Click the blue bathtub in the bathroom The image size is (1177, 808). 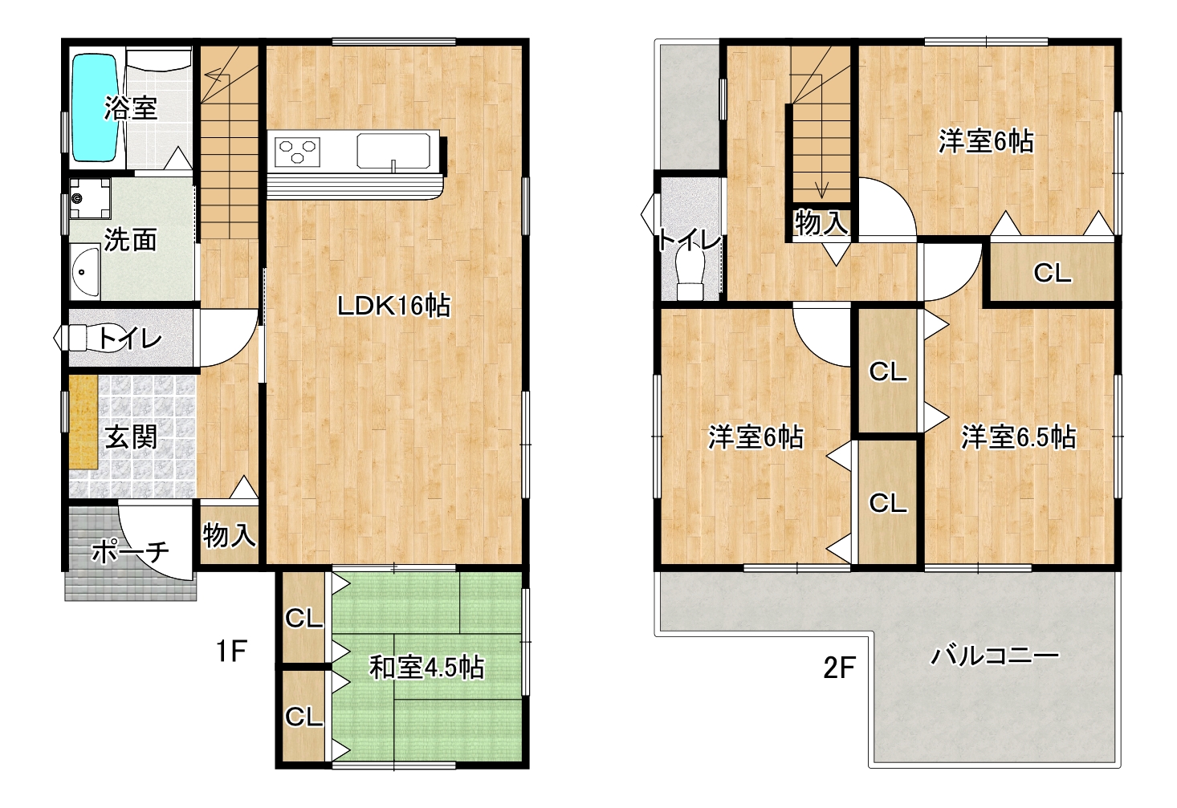(x=94, y=107)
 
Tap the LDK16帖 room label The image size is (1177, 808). (x=393, y=306)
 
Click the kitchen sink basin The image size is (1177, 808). (x=393, y=151)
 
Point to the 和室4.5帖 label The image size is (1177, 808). (x=426, y=668)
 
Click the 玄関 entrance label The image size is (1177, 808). (x=130, y=438)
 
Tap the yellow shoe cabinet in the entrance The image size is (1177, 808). (x=83, y=421)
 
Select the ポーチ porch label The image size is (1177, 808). (x=131, y=552)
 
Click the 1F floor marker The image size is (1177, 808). (x=232, y=652)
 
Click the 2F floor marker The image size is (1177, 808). (x=840, y=668)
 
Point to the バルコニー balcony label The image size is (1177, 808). (x=995, y=656)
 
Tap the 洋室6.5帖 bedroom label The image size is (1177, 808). (x=1018, y=436)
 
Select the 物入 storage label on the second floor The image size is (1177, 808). (x=821, y=222)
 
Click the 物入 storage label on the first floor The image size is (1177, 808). (x=229, y=536)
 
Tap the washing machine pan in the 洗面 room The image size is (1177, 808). (x=91, y=198)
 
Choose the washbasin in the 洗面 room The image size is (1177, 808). (x=84, y=271)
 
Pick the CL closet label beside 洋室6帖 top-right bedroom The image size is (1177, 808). (x=1053, y=273)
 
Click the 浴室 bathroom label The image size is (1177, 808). (x=131, y=108)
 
